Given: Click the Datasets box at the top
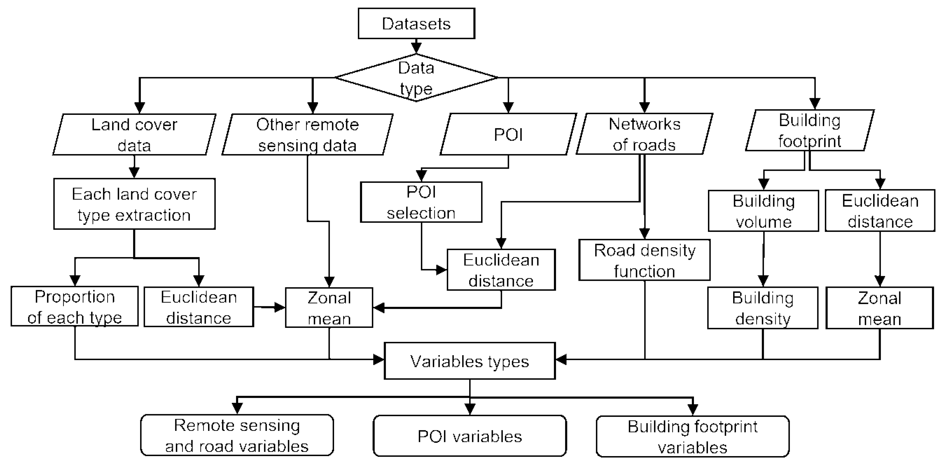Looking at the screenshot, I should (416, 23).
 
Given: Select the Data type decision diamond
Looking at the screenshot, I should (416, 78).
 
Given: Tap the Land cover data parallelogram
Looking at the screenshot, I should (134, 134).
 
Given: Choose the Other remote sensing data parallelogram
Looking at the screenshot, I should (307, 134).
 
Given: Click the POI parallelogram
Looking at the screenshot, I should (508, 134).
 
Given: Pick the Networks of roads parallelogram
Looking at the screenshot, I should (644, 134).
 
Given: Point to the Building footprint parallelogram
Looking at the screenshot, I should (810, 130).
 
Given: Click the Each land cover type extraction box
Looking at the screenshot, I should (134, 204).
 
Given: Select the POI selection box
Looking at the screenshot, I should (421, 202).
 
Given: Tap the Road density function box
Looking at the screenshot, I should (644, 260).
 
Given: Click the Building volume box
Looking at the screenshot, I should (763, 211).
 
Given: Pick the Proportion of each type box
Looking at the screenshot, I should (75, 307).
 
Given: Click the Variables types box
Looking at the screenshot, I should (470, 361).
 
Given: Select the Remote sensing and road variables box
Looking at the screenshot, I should (237, 435).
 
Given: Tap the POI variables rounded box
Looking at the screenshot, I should (470, 436).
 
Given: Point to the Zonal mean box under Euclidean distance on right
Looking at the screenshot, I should (879, 308).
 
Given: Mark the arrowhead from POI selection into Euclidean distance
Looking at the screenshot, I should (442, 270).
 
